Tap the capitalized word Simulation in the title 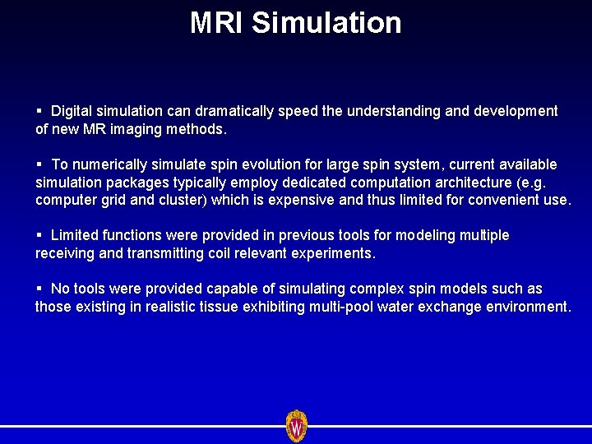[x=326, y=23]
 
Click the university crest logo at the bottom [x=296, y=426]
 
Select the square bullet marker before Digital [x=39, y=111]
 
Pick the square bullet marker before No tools [x=39, y=289]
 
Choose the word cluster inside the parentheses [x=188, y=200]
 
